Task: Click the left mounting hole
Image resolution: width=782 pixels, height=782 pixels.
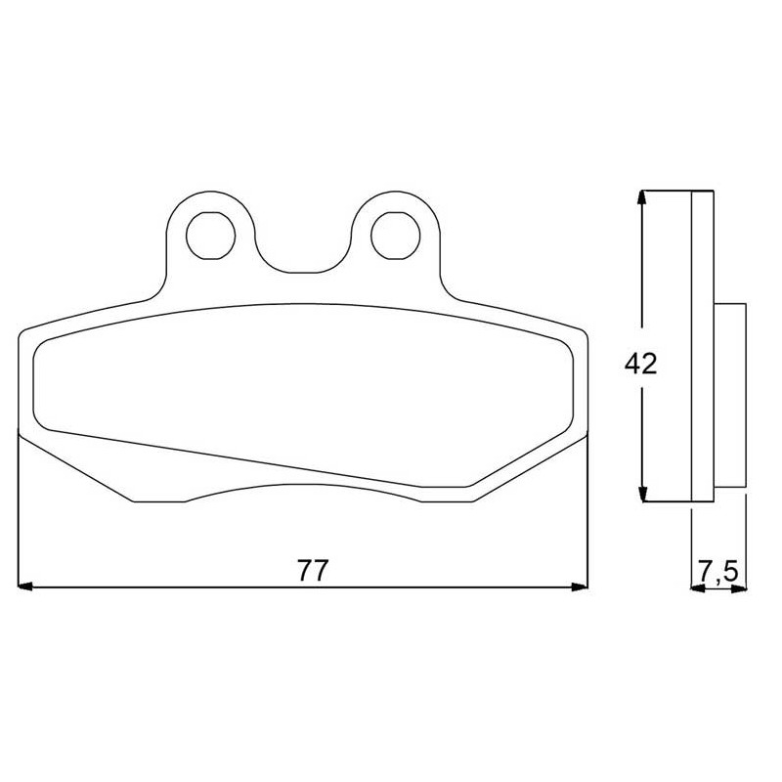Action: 210,236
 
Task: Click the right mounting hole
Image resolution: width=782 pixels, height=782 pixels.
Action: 396,236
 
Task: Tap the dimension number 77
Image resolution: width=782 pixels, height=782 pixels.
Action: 313,571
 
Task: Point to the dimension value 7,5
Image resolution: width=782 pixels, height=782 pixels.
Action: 717,572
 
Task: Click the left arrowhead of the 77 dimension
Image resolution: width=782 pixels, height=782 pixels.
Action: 25,587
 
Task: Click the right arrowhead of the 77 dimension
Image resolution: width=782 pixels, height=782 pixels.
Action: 580,587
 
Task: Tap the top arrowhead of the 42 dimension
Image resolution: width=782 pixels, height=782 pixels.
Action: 643,198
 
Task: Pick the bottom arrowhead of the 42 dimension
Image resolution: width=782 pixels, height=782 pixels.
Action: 643,494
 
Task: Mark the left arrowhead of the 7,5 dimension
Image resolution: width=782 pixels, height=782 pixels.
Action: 698,589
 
